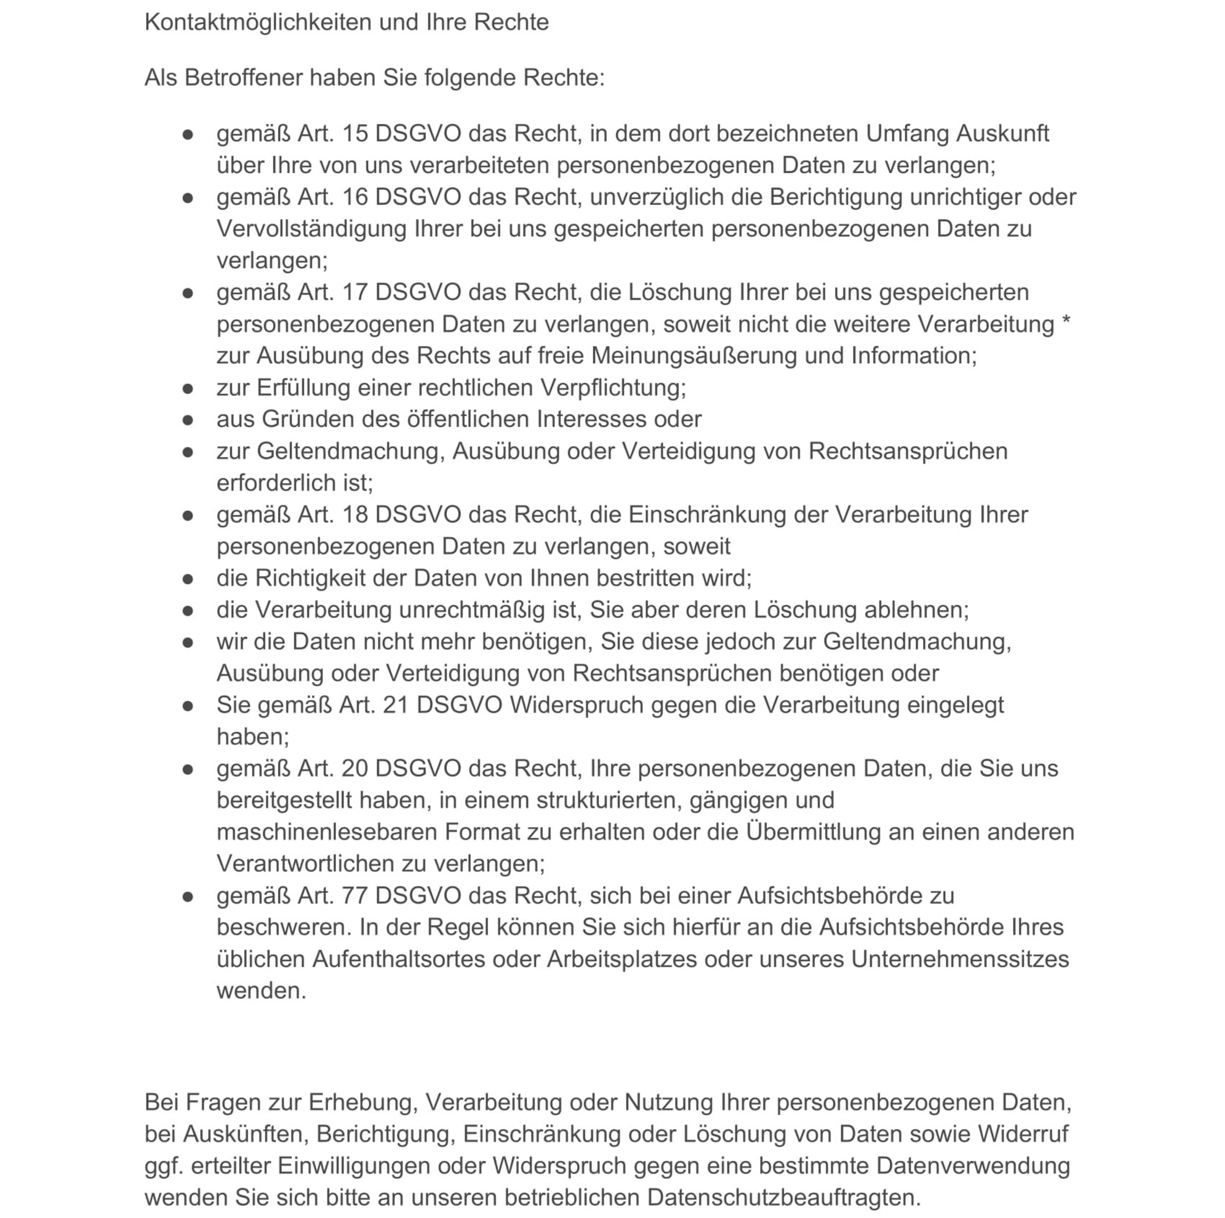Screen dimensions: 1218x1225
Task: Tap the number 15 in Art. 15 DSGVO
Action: point(355,134)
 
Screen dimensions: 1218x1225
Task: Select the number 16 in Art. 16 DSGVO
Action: point(355,197)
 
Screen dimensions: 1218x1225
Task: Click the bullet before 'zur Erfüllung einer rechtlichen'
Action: point(188,388)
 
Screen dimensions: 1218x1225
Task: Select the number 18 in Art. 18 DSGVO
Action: point(355,514)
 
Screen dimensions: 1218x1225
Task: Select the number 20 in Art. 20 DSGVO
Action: point(355,768)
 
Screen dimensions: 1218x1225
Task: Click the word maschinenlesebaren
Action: point(327,832)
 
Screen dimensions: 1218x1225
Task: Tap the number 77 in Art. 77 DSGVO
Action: point(355,896)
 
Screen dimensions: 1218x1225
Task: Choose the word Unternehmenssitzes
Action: point(960,959)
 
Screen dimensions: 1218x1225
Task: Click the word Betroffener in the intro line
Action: point(243,78)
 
